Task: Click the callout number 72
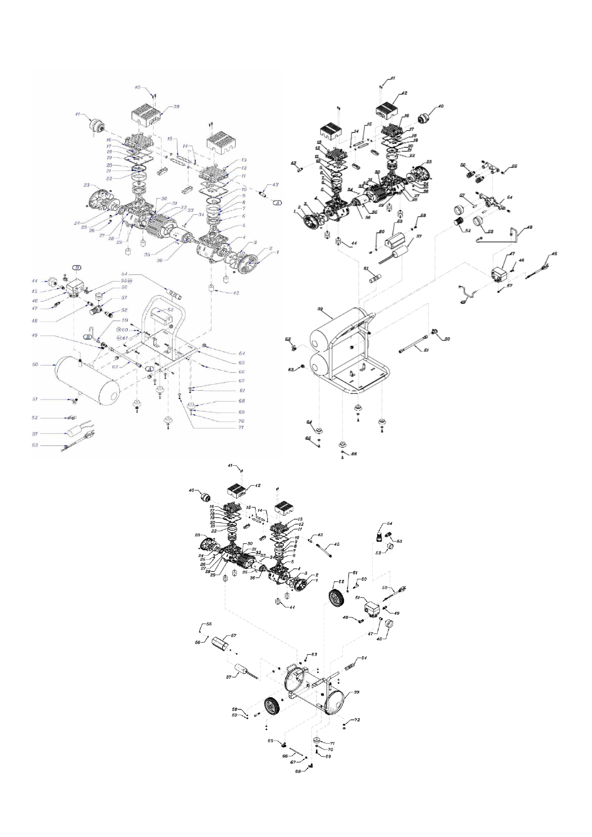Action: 356,720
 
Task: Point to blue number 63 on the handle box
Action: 170,309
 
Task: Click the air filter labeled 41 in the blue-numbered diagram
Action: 93,123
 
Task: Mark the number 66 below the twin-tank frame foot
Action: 354,454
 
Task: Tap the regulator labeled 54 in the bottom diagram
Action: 380,535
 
